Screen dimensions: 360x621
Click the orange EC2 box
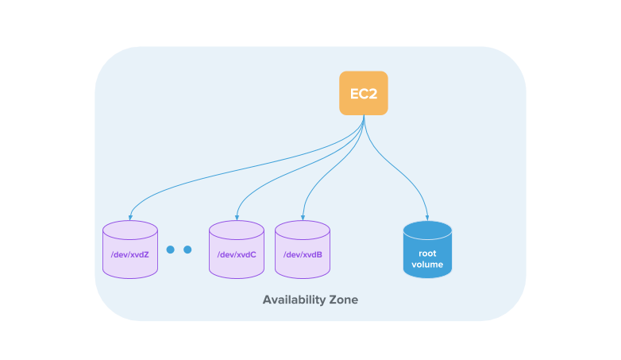point(364,93)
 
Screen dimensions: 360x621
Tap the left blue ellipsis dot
point(170,250)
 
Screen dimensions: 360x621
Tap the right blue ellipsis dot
point(187,250)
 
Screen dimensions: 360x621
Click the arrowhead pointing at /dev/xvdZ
point(130,216)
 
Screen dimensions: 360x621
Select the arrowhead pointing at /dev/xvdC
point(237,216)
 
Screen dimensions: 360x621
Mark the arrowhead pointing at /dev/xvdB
point(303,216)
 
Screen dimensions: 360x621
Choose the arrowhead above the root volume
point(427,216)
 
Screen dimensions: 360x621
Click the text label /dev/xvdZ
point(130,254)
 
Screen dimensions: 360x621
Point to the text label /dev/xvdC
point(237,254)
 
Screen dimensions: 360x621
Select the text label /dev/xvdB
point(303,254)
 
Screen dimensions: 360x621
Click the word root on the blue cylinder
point(427,254)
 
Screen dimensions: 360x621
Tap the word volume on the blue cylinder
point(427,264)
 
